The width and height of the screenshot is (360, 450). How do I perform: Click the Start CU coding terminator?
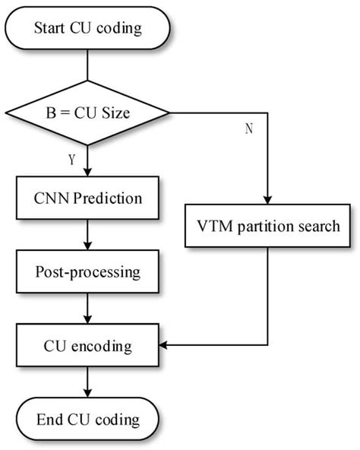coord(87,29)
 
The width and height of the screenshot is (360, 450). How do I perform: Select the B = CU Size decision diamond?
coord(87,113)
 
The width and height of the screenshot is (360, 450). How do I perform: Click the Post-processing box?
coord(87,272)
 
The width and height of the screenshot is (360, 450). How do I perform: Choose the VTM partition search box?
coord(269,227)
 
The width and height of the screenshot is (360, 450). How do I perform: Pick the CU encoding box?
coord(87,347)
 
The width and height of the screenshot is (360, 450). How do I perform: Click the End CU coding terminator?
coord(87,419)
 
